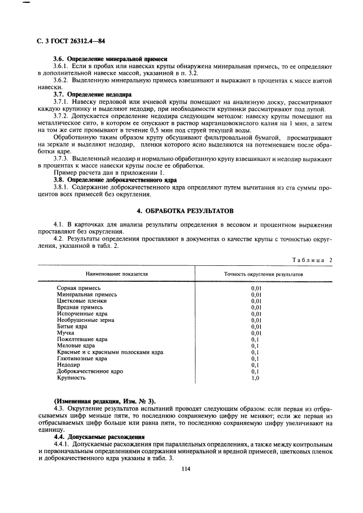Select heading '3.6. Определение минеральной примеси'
110,58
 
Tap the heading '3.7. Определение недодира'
92,94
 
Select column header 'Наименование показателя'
116,274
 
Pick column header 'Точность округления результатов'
264,274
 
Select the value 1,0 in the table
255,378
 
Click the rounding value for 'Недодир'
255,365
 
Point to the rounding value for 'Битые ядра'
256,326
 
